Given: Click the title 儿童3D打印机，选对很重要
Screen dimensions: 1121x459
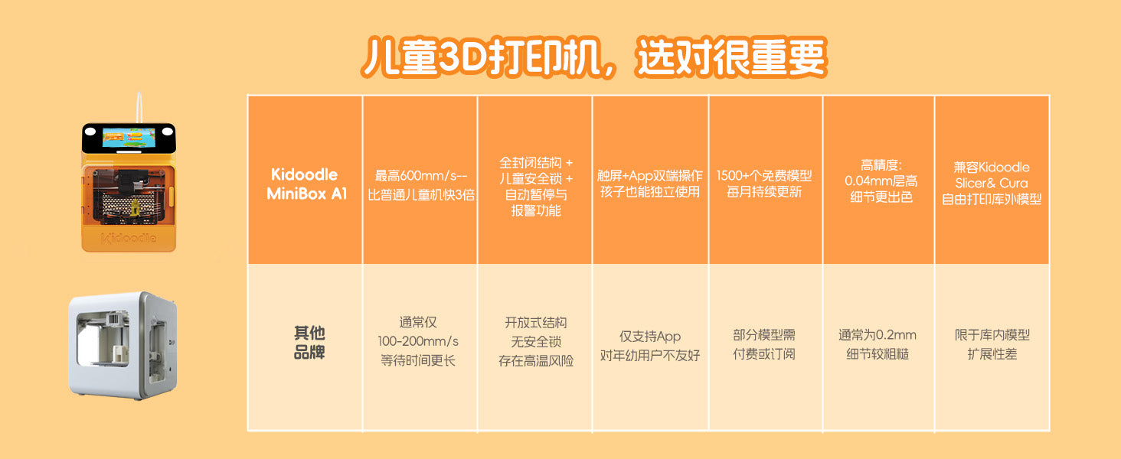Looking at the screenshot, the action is [593, 57].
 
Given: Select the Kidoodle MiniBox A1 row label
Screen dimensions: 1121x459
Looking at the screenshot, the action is [306, 184].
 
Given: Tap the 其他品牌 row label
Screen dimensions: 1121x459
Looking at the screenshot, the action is [309, 343].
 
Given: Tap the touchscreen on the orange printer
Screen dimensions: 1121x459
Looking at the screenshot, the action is [129, 138].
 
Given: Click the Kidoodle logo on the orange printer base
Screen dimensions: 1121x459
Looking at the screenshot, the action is [129, 238].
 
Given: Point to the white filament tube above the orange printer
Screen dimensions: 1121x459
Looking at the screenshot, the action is [140, 108].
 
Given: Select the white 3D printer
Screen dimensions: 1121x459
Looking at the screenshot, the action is [123, 346].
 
